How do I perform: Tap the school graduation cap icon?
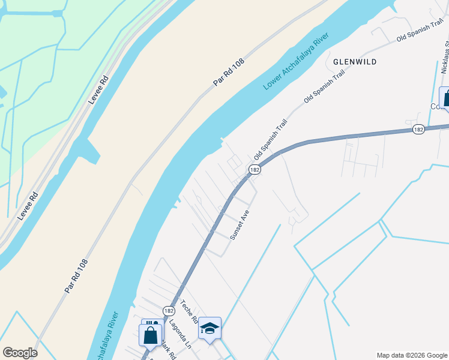209,328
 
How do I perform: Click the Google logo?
20,353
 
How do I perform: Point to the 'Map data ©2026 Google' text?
412,355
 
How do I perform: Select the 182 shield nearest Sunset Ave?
255,170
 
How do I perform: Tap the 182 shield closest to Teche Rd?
169,310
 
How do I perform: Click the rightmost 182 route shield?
419,129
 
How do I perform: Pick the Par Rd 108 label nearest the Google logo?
76,276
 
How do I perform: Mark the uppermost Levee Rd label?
99,90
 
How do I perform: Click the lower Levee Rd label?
28,205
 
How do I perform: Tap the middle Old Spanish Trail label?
324,88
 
